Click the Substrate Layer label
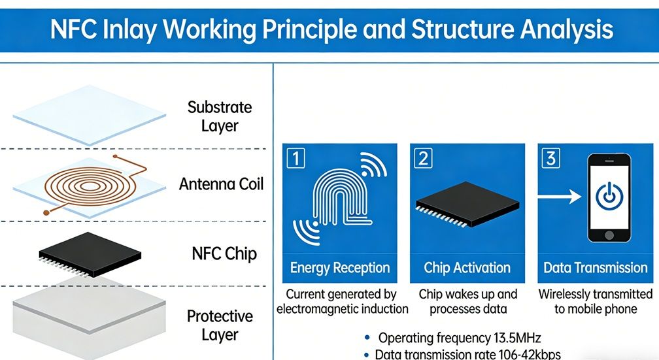pyautogui.click(x=219, y=116)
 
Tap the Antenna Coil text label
pyautogui.click(x=221, y=184)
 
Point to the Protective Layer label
pyautogui.click(x=220, y=325)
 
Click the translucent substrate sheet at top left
pyautogui.click(x=89, y=116)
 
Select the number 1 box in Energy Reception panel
pyautogui.click(x=296, y=158)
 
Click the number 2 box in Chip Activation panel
pyautogui.click(x=422, y=158)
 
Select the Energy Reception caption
pyautogui.click(x=340, y=268)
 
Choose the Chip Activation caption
pyautogui.click(x=467, y=268)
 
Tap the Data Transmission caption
pyautogui.click(x=595, y=268)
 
